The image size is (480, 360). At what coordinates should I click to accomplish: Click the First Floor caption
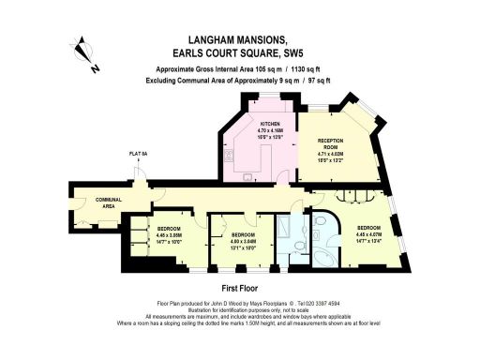coord(239,289)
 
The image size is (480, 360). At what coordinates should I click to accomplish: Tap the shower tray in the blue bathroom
coord(284,230)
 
